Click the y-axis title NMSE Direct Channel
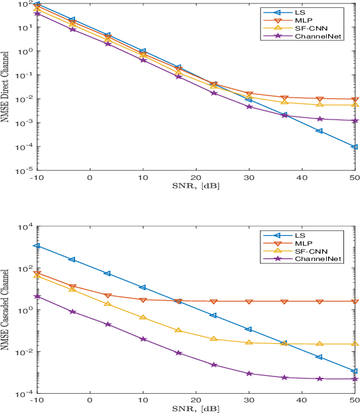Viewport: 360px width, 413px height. point(6,87)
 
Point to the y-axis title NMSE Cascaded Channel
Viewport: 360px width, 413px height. point(6,311)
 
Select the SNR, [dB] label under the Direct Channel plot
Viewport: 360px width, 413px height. point(195,184)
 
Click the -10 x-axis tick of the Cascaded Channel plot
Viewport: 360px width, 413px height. point(37,400)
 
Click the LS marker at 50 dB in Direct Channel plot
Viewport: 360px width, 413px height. point(355,147)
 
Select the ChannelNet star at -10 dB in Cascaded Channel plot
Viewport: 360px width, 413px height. point(37,297)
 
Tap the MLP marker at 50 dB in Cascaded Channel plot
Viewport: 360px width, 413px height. point(355,301)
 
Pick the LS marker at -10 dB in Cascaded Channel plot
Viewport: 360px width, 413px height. point(37,246)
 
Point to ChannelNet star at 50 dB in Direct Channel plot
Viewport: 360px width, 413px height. point(355,121)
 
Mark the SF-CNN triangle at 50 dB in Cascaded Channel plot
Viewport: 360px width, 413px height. point(355,344)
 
